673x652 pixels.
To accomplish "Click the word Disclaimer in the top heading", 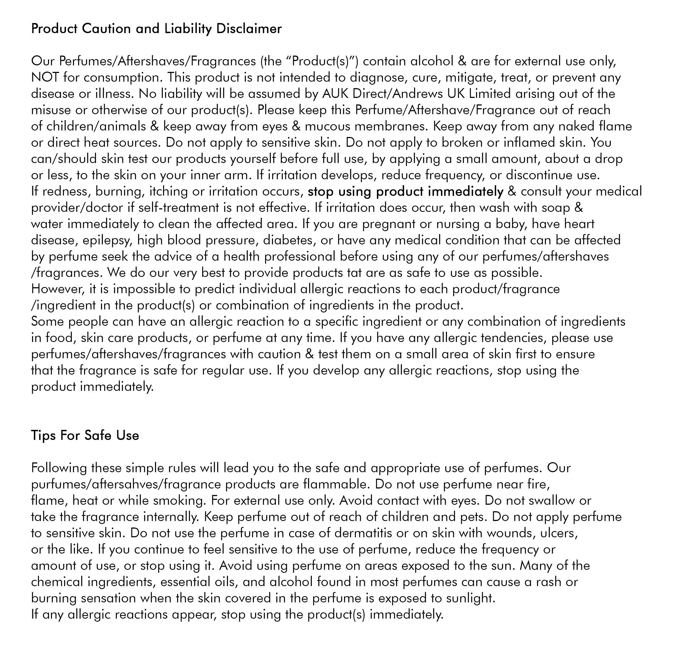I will pyautogui.click(x=249, y=29).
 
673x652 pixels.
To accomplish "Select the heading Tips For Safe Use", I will pyautogui.click(x=85, y=436).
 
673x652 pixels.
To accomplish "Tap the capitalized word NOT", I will pyautogui.click(x=45, y=78).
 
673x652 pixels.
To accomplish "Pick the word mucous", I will pyautogui.click(x=328, y=126).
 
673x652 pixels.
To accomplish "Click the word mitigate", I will pyautogui.click(x=470, y=78).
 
